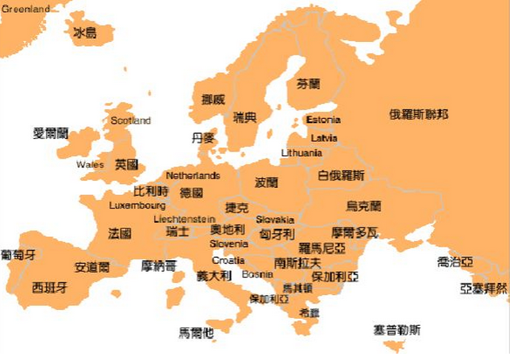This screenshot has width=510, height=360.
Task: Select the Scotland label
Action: pyautogui.click(x=130, y=121)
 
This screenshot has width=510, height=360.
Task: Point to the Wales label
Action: pyautogui.click(x=90, y=165)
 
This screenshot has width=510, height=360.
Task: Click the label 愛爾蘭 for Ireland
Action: pyautogui.click(x=51, y=132)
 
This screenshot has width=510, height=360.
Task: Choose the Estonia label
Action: pyautogui.click(x=323, y=121)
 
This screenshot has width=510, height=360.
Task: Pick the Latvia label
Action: pyautogui.click(x=324, y=138)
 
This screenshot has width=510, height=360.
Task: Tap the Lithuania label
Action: pyautogui.click(x=301, y=153)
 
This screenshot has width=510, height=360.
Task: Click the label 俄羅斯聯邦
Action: pyautogui.click(x=418, y=115)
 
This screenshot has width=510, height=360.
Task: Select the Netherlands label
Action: pyautogui.click(x=193, y=175)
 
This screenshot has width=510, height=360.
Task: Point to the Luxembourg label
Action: pyautogui.click(x=137, y=206)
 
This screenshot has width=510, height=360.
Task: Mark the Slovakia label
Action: pyautogui.click(x=275, y=220)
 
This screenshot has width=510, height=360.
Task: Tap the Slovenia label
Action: pyautogui.click(x=228, y=244)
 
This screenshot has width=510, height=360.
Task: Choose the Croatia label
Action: pyautogui.click(x=228, y=260)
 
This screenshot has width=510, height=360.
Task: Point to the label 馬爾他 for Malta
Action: pyautogui.click(x=196, y=333)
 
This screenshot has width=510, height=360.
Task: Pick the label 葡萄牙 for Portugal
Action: pyautogui.click(x=18, y=255)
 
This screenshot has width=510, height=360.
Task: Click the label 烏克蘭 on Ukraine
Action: pyautogui.click(x=363, y=206)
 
